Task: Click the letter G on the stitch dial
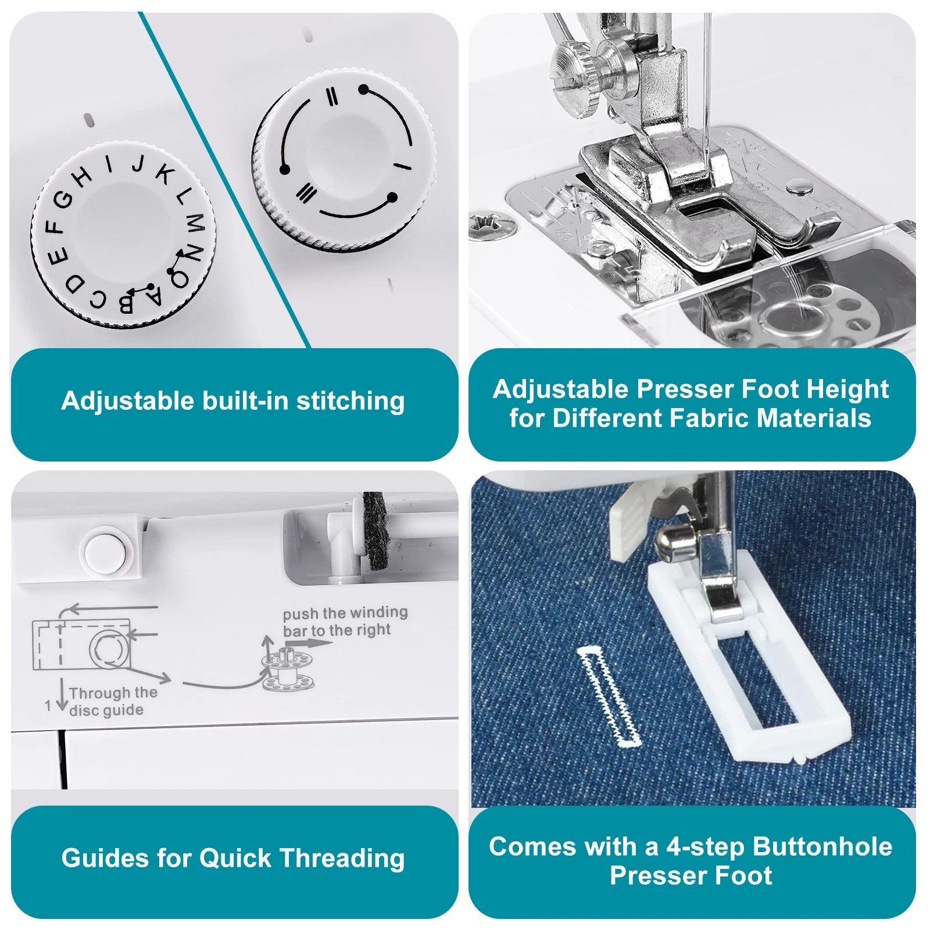point(63,199)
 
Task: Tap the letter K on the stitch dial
point(165,173)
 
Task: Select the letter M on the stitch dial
point(195,221)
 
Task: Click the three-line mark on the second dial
point(306,193)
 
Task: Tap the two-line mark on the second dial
point(332,96)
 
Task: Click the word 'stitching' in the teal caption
point(350,401)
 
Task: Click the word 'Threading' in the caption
point(342,859)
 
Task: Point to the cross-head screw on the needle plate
point(492,226)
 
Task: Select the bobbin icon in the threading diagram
point(287,670)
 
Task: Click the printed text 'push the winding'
point(345,613)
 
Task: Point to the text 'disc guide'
point(106,710)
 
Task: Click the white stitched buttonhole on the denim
point(610,696)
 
